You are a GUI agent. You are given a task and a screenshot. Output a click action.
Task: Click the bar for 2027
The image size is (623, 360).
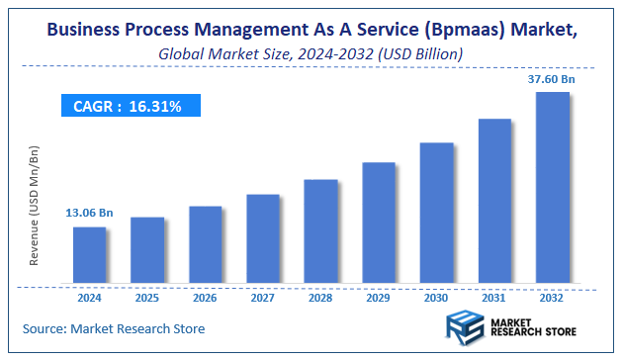coord(263,236)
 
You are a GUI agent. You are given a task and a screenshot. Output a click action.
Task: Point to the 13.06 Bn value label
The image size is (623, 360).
coord(88,213)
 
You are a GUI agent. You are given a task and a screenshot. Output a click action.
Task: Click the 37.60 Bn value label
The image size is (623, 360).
coord(552,78)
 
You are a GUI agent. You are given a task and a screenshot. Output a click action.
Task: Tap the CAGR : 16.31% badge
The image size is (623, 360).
coord(128,106)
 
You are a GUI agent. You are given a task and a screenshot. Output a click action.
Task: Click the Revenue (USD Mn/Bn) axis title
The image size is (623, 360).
coord(35,205)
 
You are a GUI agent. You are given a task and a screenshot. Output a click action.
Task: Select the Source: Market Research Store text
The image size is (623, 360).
coord(114,327)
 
